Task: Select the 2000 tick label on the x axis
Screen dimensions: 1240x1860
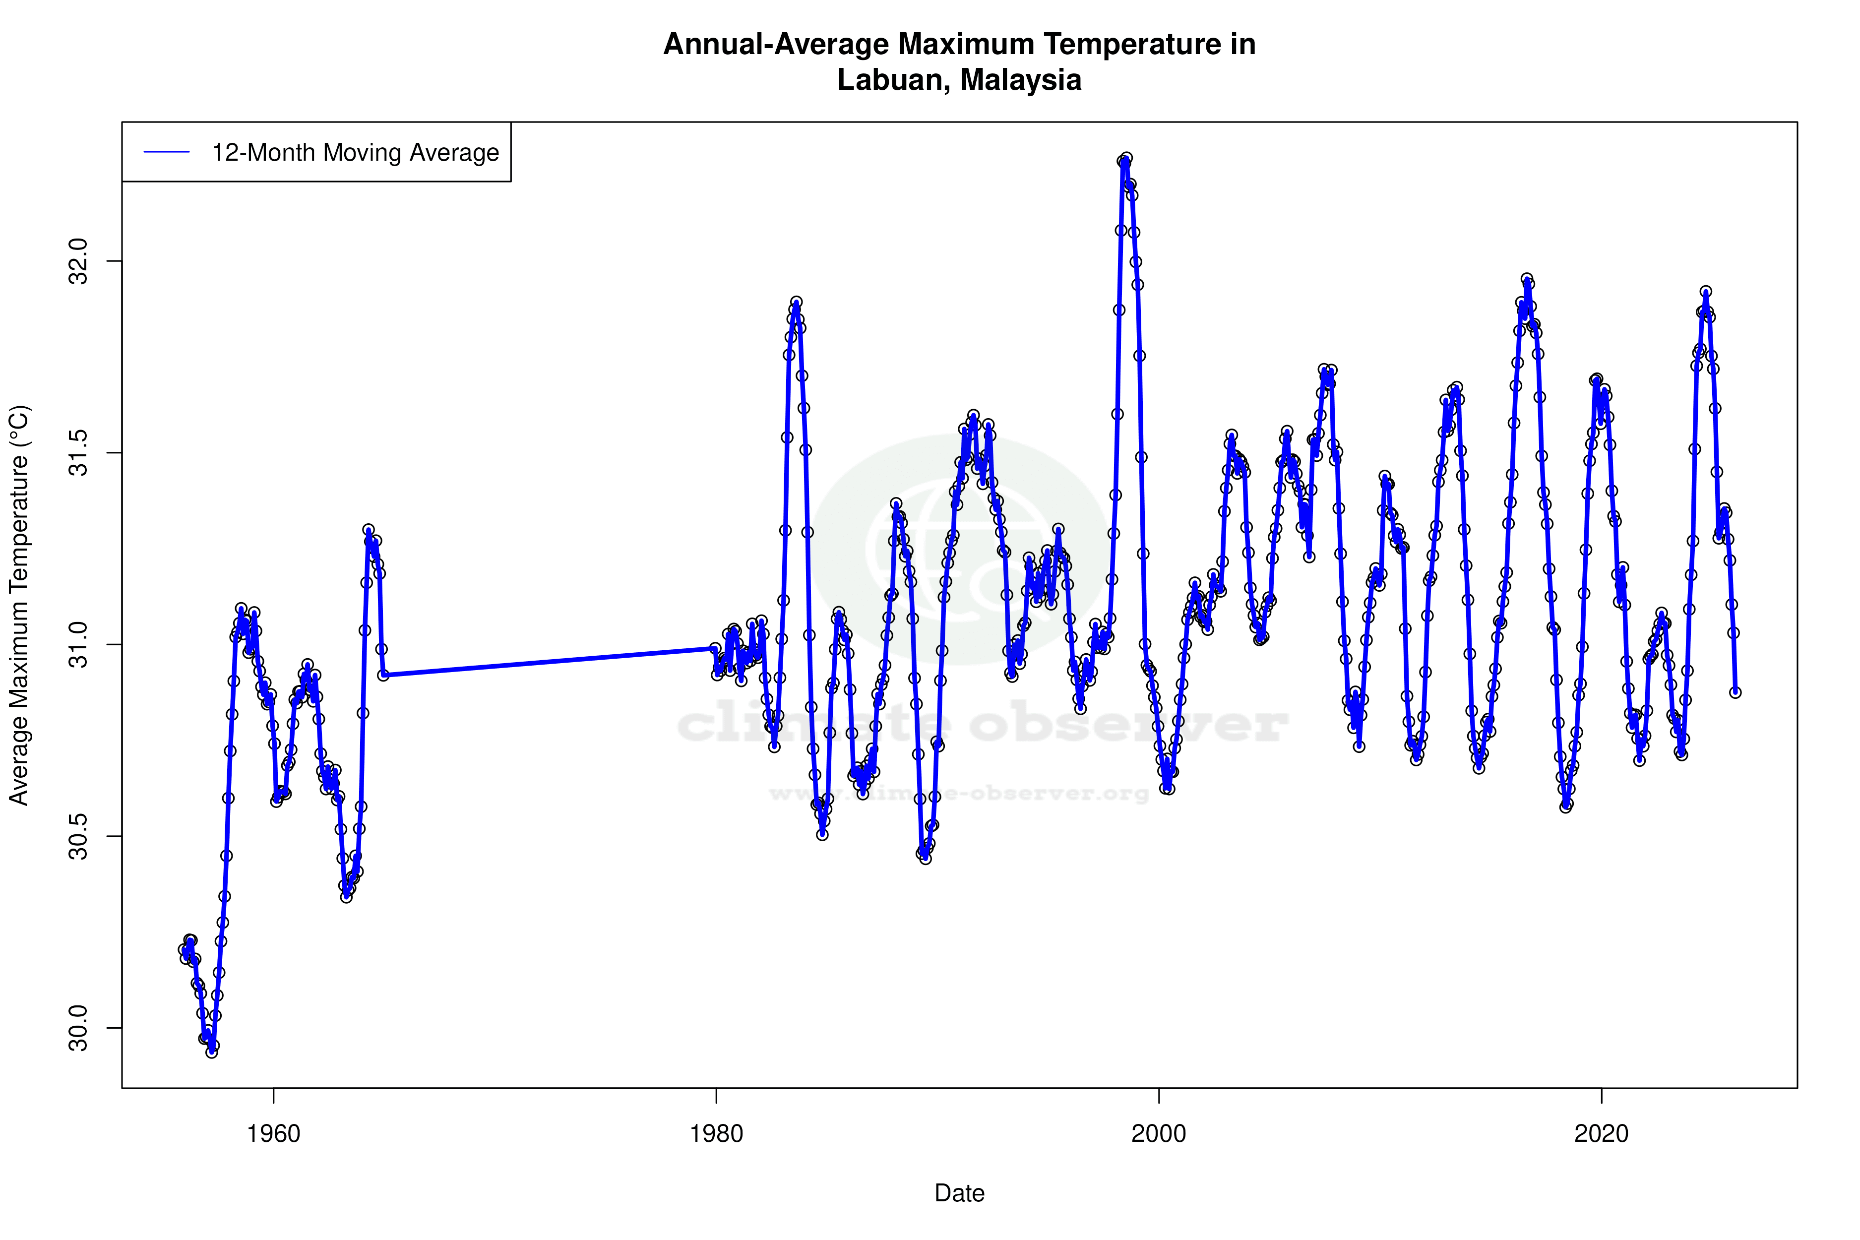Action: (x=1159, y=1134)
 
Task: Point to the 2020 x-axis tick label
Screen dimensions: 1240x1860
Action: (x=1602, y=1134)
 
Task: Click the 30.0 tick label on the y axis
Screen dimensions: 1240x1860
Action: (x=79, y=1028)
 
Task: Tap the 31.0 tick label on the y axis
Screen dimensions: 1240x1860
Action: (x=79, y=644)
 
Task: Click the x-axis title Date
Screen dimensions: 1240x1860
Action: (x=959, y=1193)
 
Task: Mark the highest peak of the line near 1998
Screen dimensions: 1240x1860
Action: (x=1126, y=158)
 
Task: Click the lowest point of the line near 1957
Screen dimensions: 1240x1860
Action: (x=211, y=1052)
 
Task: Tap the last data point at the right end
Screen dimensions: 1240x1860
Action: (x=1735, y=692)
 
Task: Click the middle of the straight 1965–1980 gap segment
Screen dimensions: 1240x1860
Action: (x=549, y=661)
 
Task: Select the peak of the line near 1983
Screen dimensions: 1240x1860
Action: (x=797, y=302)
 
